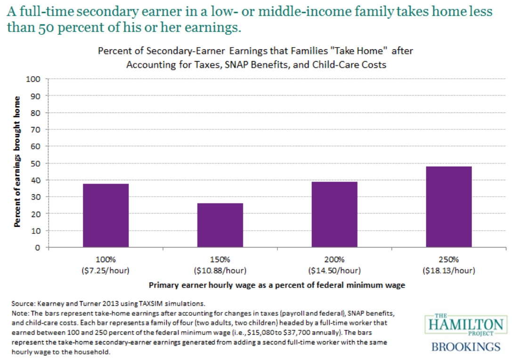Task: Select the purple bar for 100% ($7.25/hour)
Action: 106,215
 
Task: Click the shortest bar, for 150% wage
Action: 220,225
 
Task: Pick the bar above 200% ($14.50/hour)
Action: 334,214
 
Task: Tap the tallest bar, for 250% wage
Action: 449,207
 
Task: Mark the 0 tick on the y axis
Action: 40,248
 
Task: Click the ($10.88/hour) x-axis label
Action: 220,271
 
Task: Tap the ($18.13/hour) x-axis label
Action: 449,271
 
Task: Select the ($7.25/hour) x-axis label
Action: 106,271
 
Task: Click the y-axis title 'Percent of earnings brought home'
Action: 17,162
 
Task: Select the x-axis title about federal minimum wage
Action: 277,285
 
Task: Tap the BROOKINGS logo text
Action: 466,347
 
